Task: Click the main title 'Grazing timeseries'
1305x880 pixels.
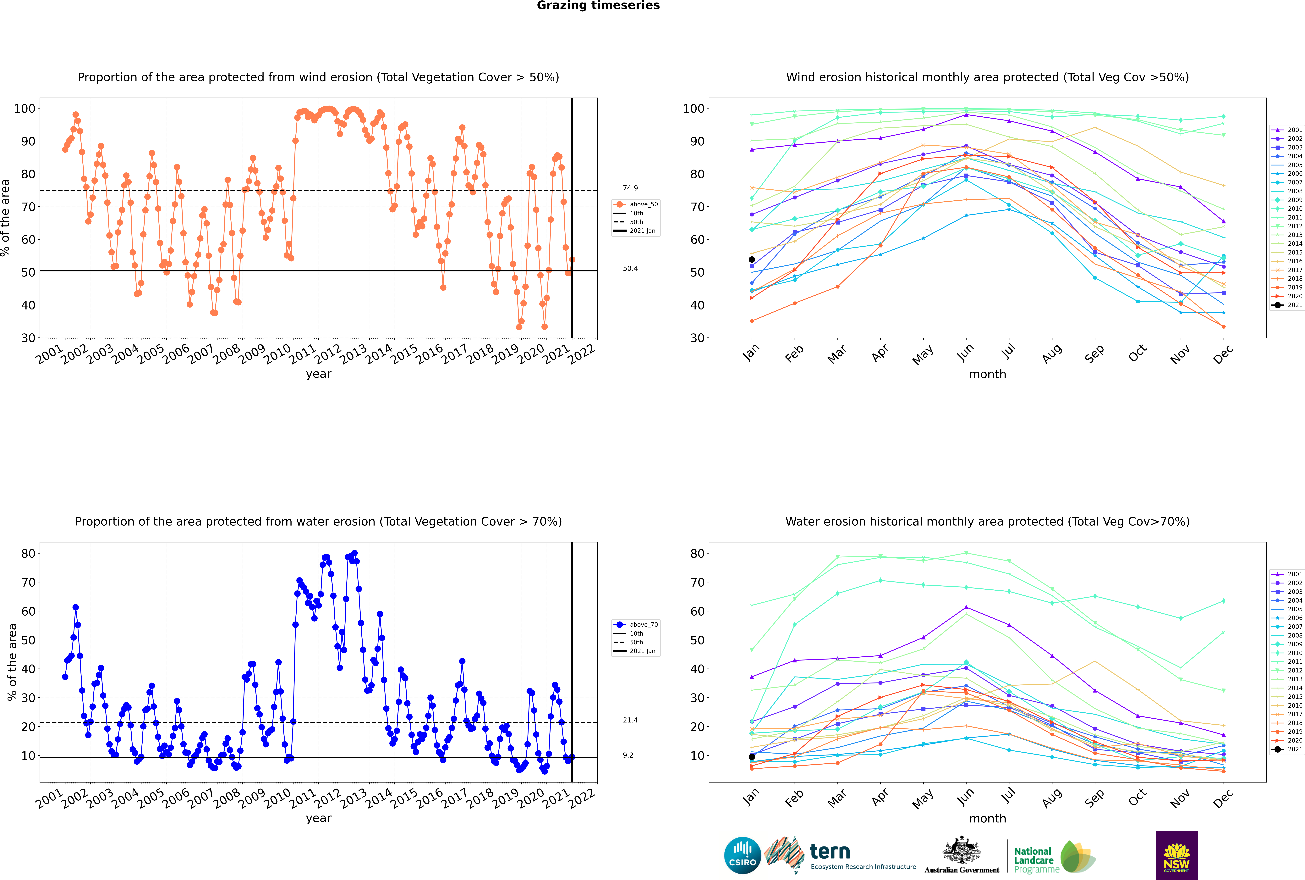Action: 598,6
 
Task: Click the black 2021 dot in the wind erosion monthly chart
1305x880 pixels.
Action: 752,259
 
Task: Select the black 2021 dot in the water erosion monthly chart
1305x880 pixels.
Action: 752,757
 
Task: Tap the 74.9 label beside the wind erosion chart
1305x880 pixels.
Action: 630,188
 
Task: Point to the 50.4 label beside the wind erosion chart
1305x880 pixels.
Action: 630,268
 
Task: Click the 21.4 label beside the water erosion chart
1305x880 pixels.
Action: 630,720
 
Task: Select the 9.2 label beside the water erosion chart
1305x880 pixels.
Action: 628,755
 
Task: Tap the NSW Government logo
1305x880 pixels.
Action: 1176,855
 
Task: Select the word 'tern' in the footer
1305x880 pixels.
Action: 830,852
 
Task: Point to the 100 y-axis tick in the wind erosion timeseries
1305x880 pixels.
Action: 25,108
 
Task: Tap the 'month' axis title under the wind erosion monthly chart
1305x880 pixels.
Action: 987,374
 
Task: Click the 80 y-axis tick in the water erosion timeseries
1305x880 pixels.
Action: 29,553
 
